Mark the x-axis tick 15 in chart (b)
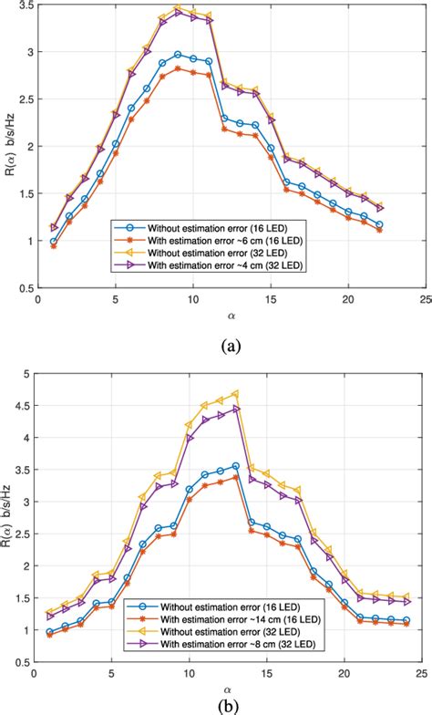[266, 674]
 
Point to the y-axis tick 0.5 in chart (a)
[22, 287]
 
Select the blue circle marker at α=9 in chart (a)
[178, 55]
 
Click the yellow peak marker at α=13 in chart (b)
[235, 394]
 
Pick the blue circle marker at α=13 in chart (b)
[235, 466]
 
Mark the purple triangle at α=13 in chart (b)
[235, 409]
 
